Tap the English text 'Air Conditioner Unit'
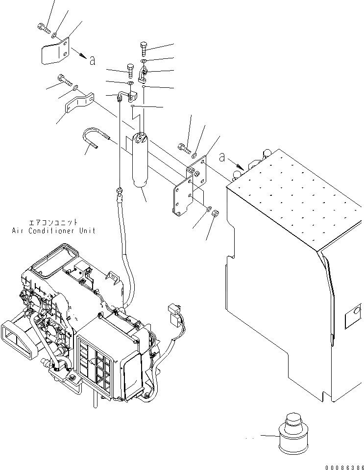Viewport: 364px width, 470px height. (54, 230)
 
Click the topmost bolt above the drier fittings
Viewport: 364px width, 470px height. (144, 48)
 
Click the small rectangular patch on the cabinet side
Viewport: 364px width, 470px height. (352, 319)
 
